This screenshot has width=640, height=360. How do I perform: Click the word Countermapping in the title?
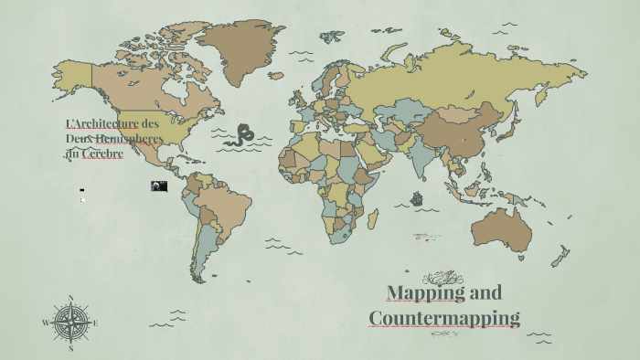[x=444, y=318]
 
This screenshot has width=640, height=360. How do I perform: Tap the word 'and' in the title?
[x=485, y=292]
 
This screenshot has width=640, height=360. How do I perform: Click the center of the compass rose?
[x=70, y=323]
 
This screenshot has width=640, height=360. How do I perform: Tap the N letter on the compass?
[x=70, y=298]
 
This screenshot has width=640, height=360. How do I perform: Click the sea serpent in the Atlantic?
[x=242, y=135]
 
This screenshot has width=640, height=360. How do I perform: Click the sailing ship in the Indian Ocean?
[x=418, y=197]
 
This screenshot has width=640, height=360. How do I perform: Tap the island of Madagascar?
[x=372, y=218]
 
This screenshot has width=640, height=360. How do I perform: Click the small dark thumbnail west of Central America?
[x=159, y=186]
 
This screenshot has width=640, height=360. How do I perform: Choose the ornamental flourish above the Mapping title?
[x=443, y=277]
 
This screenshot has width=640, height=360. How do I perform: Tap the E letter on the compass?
[x=95, y=323]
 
